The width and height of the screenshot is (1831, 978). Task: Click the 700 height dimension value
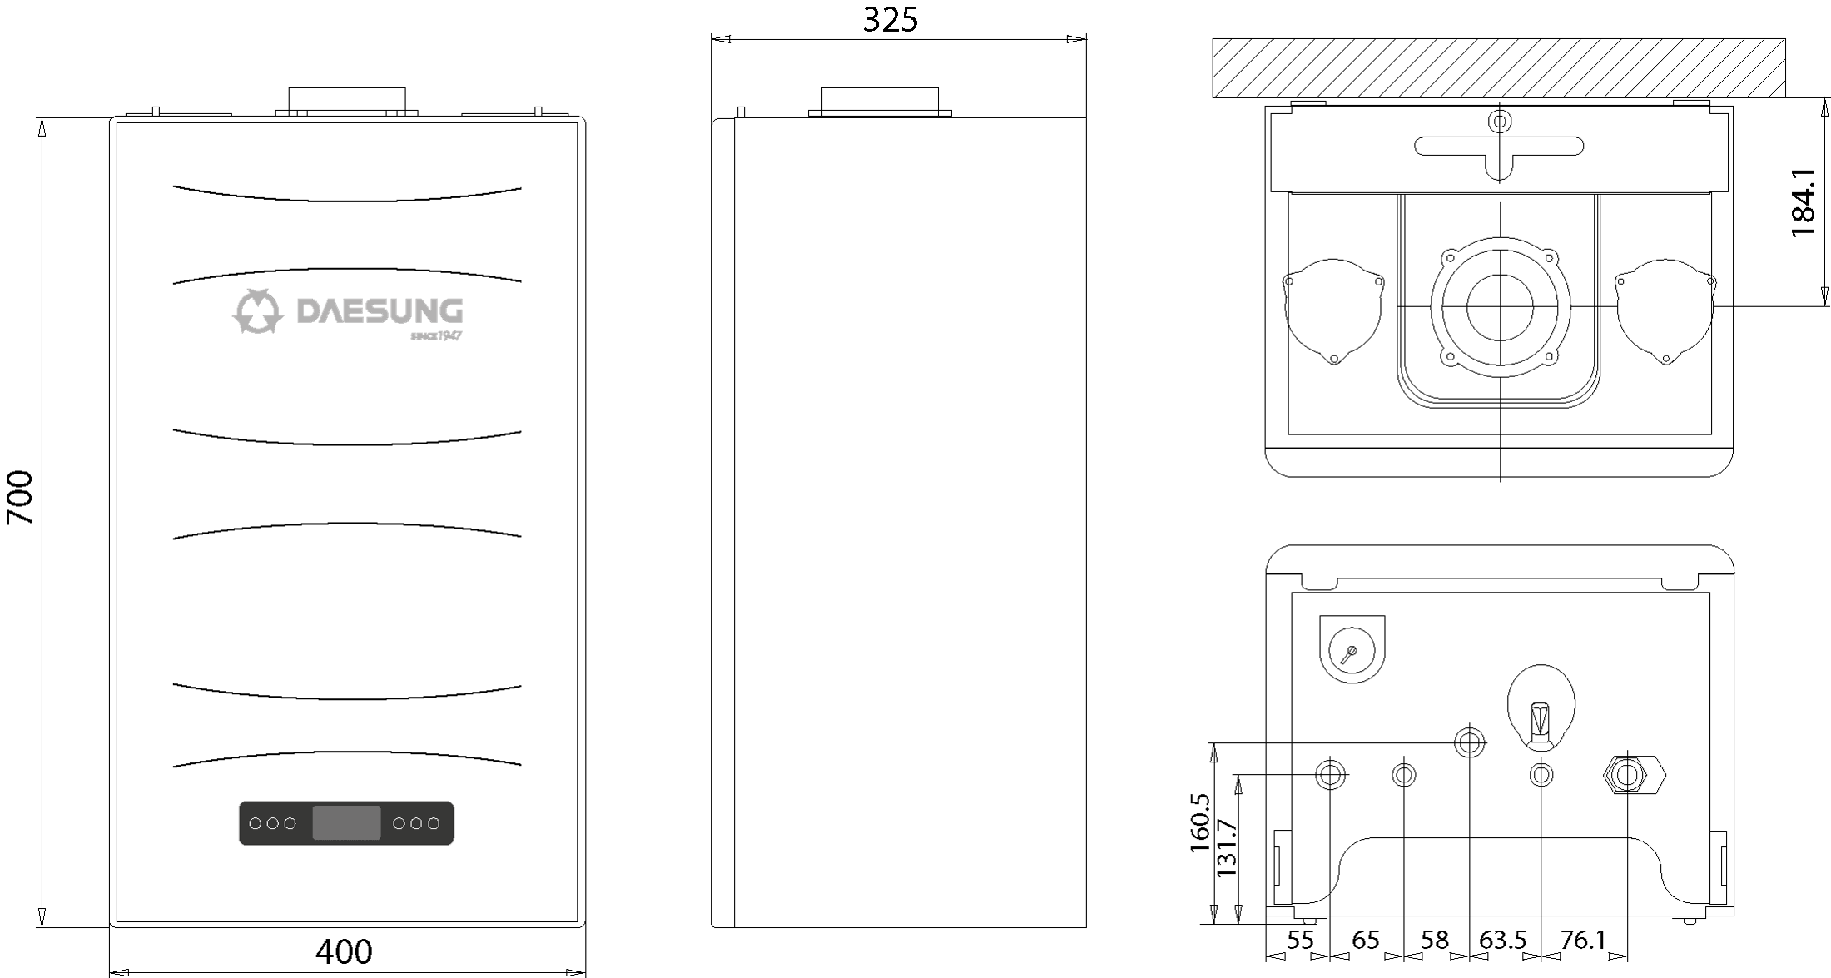pyautogui.click(x=20, y=498)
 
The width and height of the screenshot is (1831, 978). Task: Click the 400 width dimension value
pyautogui.click(x=344, y=951)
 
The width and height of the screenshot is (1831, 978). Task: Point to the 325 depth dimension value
pyautogui.click(x=890, y=20)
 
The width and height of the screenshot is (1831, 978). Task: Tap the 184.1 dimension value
pyautogui.click(x=1803, y=202)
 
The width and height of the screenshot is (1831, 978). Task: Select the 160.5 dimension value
pyautogui.click(x=1199, y=822)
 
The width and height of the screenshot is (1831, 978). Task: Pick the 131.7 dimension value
pyautogui.click(x=1227, y=847)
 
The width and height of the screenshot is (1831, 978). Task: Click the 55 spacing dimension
pyautogui.click(x=1300, y=940)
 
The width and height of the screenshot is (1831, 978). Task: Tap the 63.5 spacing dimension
pyautogui.click(x=1503, y=940)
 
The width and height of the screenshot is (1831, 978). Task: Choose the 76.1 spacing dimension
pyautogui.click(x=1583, y=940)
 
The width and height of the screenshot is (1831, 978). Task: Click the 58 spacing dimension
pyautogui.click(x=1435, y=940)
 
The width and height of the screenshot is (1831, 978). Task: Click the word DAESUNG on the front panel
pyautogui.click(x=380, y=311)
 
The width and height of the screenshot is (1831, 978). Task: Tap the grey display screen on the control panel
pyautogui.click(x=346, y=823)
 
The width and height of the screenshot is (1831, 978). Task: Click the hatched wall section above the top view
pyautogui.click(x=1499, y=68)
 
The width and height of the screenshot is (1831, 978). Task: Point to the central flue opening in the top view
pyautogui.click(x=1500, y=306)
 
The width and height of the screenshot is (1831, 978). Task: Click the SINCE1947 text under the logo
pyautogui.click(x=436, y=336)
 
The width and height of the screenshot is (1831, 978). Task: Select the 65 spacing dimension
pyautogui.click(x=1366, y=940)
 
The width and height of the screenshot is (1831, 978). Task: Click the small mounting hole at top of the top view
pyautogui.click(x=1500, y=122)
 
